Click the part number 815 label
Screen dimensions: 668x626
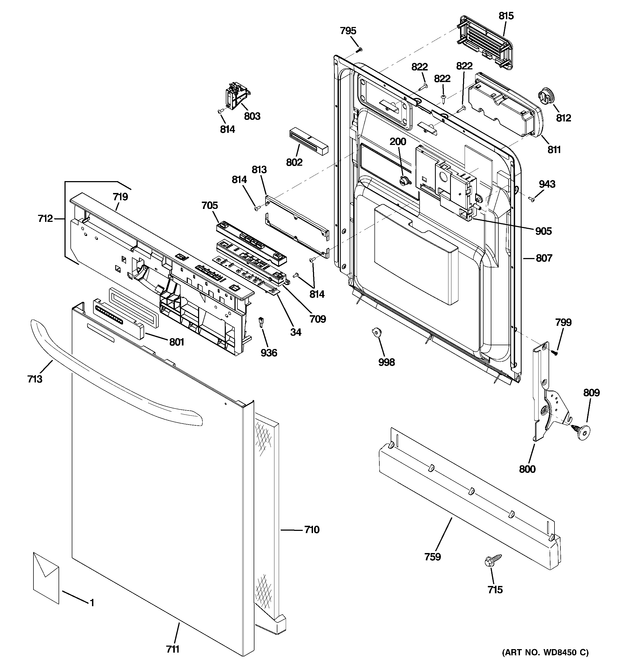tap(506, 16)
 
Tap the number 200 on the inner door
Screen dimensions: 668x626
tap(398, 141)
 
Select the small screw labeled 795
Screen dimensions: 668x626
tap(360, 49)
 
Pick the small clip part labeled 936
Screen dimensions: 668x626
tap(260, 322)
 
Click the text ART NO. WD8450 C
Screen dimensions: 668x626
tap(545, 652)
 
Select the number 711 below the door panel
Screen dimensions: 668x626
tap(172, 649)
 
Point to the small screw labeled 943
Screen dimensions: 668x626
tap(533, 199)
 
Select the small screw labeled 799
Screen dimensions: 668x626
tap(555, 353)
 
